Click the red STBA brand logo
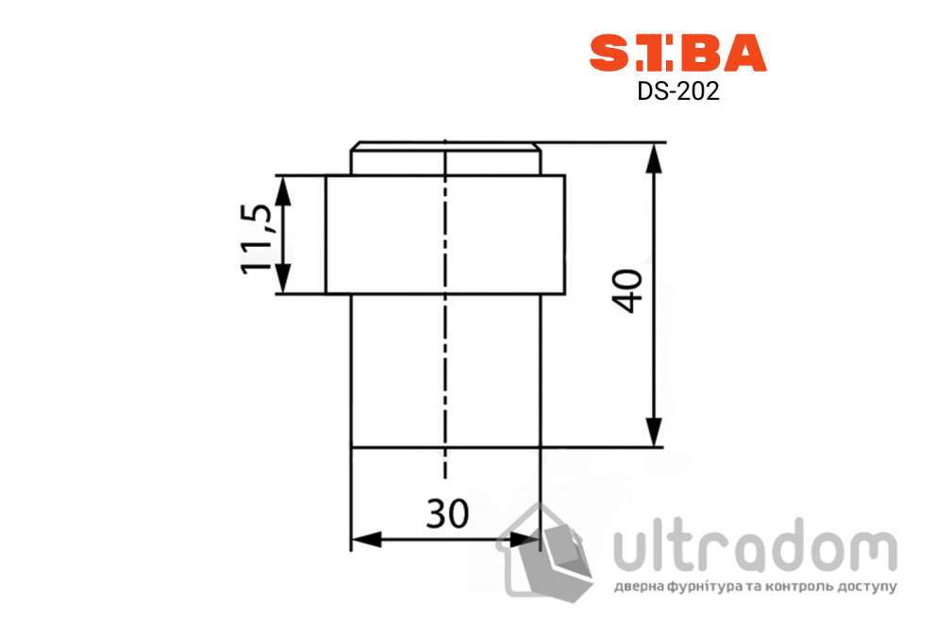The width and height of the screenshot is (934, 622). [x=677, y=54]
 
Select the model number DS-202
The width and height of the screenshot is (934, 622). [x=678, y=93]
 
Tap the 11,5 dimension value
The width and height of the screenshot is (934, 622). [x=258, y=236]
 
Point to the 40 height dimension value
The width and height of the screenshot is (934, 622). [x=628, y=290]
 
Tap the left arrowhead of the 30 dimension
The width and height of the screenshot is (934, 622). [x=364, y=540]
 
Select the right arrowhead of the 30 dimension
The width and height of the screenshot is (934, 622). [x=525, y=540]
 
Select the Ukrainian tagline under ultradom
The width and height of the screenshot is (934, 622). [x=754, y=587]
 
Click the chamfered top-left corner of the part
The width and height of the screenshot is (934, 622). [x=354, y=146]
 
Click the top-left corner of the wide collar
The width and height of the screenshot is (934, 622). [x=326, y=176]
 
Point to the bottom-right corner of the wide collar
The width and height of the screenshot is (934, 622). [x=564, y=293]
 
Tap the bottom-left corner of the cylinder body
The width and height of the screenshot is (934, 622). [x=351, y=447]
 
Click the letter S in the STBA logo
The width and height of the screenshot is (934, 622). [x=609, y=54]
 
